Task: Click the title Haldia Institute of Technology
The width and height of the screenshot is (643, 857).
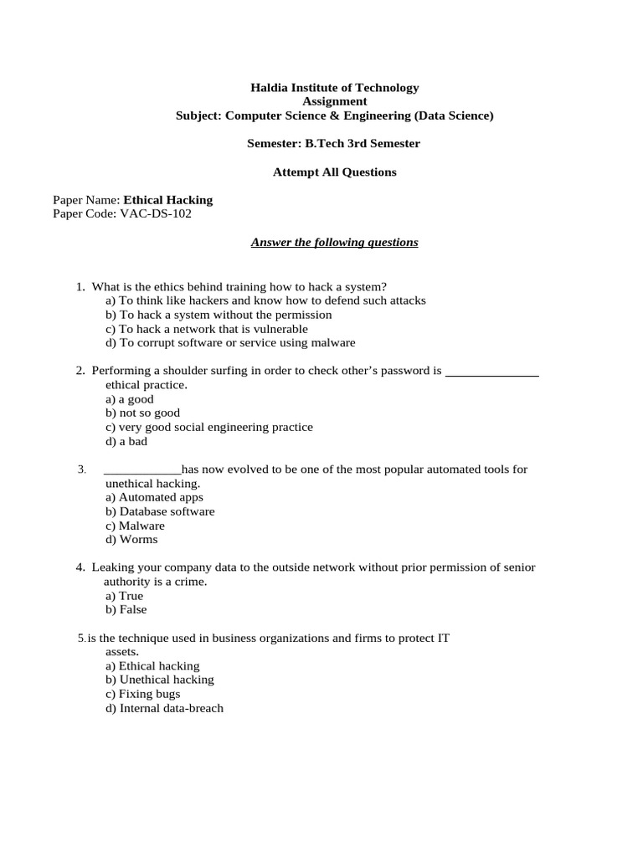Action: (335, 87)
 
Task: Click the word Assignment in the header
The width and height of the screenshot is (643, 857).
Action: (334, 101)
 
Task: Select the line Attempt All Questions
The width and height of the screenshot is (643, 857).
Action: (335, 172)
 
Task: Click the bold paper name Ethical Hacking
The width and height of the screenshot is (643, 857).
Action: (167, 200)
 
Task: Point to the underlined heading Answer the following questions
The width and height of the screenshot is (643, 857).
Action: (334, 243)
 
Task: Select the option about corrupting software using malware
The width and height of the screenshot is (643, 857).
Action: (230, 342)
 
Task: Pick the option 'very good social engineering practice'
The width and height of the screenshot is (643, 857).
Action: (208, 427)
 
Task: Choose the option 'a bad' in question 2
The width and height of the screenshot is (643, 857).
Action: (126, 441)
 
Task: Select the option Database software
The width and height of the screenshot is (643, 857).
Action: (160, 511)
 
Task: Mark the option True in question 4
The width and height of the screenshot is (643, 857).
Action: (125, 596)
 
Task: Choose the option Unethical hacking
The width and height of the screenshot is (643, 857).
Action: (160, 680)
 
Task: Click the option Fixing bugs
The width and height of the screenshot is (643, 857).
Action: (143, 694)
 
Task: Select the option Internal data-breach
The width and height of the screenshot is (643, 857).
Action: (165, 708)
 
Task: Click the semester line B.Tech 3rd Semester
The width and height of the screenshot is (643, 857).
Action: (334, 144)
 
